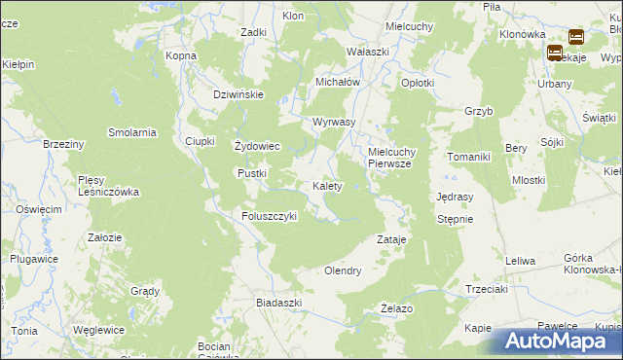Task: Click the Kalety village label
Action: tap(326, 185)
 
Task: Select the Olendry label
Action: tap(343, 270)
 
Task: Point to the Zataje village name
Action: tap(391, 238)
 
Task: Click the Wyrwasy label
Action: tap(333, 122)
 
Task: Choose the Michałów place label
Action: tap(338, 82)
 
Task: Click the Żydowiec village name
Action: tap(258, 146)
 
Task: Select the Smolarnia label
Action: tap(132, 132)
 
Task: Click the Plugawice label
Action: tap(32, 259)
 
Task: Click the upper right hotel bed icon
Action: tap(575, 38)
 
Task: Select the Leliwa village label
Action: tap(521, 260)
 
